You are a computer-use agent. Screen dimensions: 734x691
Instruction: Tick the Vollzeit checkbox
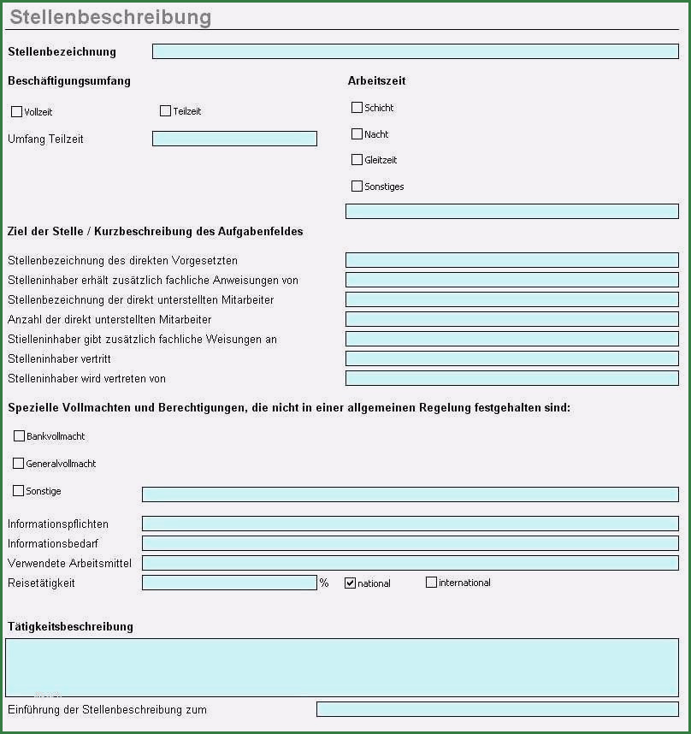coord(16,111)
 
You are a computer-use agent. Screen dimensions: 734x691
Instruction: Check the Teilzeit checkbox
coord(165,110)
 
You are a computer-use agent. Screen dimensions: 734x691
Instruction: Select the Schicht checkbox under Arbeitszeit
coord(357,107)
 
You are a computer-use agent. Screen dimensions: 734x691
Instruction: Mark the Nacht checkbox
coord(357,133)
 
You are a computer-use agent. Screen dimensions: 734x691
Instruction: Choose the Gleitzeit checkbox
coord(357,159)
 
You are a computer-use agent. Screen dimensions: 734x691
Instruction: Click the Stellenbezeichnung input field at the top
coord(415,51)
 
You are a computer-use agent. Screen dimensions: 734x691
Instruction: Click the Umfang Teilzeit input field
coord(234,139)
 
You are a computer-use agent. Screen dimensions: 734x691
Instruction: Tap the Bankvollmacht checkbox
coord(19,435)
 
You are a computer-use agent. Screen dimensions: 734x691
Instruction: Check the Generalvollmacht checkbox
coord(18,463)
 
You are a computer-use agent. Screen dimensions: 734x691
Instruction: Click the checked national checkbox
coord(350,583)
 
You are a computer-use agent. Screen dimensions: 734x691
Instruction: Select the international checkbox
coord(431,582)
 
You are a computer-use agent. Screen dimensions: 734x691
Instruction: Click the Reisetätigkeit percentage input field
coord(229,583)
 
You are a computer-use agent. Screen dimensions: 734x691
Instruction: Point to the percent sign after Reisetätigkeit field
coord(324,583)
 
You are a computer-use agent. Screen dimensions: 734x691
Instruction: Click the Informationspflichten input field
coord(410,524)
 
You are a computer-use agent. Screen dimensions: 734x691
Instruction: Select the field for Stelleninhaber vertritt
coord(511,358)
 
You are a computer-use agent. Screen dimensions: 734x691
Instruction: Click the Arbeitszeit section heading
coord(376,81)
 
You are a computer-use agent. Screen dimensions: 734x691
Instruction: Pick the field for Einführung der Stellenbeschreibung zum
coord(497,709)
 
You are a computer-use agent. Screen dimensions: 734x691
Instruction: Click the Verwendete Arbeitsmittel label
coord(69,563)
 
